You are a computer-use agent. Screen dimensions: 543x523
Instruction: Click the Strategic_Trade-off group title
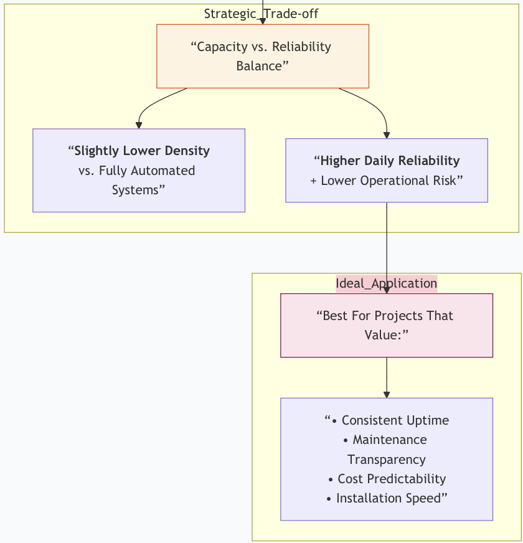click(x=261, y=14)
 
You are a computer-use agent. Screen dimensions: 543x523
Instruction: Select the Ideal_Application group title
click(x=386, y=283)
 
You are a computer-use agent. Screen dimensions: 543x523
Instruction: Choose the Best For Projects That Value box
click(x=386, y=325)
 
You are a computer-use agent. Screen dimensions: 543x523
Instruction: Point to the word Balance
click(x=260, y=66)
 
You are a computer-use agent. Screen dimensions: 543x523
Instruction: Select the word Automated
click(x=165, y=171)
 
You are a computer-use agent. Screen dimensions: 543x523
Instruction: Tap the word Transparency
click(x=386, y=460)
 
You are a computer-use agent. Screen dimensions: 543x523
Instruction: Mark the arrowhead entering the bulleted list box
click(x=387, y=394)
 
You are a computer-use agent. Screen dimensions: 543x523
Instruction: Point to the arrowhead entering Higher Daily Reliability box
click(x=387, y=135)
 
